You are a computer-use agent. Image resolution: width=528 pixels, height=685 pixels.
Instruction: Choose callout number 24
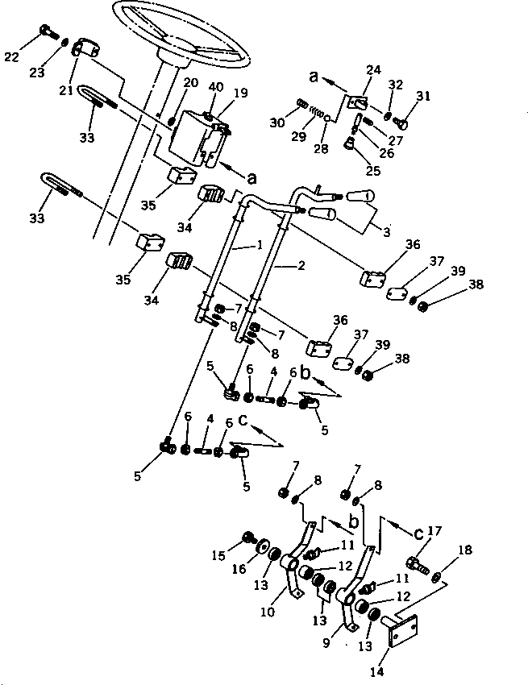pyautogui.click(x=373, y=71)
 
